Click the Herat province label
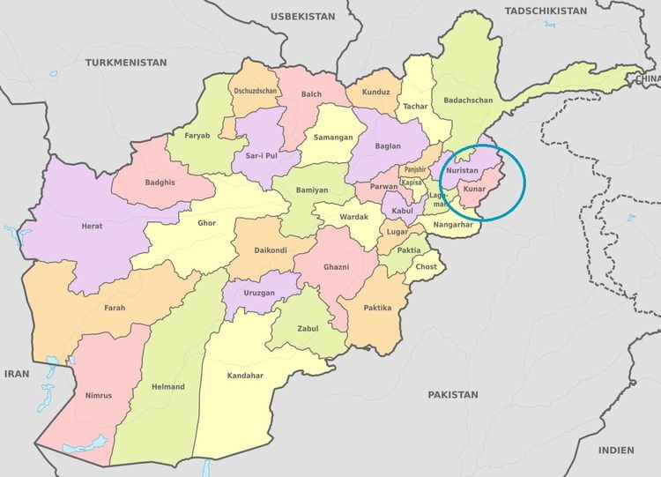[93, 227]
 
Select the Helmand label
[168, 387]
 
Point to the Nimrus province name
[99, 396]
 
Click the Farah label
[115, 308]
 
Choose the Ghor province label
[206, 223]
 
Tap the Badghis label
[160, 183]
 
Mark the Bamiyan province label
[311, 190]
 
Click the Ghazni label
[336, 266]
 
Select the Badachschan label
[468, 101]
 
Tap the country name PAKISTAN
[453, 394]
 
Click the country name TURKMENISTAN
[126, 63]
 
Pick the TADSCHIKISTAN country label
[545, 11]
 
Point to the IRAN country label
[17, 374]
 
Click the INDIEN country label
[616, 450]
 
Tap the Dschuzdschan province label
[256, 91]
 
